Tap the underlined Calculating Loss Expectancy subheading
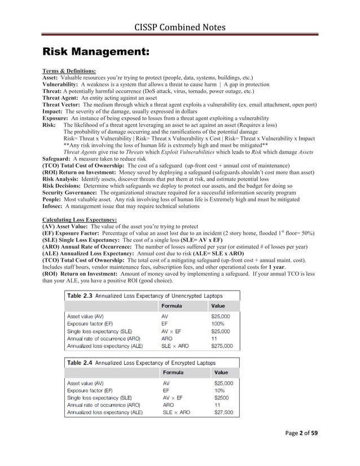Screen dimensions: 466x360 pos(80,219)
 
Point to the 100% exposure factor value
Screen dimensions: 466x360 pos(218,324)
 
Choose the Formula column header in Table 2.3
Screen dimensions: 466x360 pos(171,306)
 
